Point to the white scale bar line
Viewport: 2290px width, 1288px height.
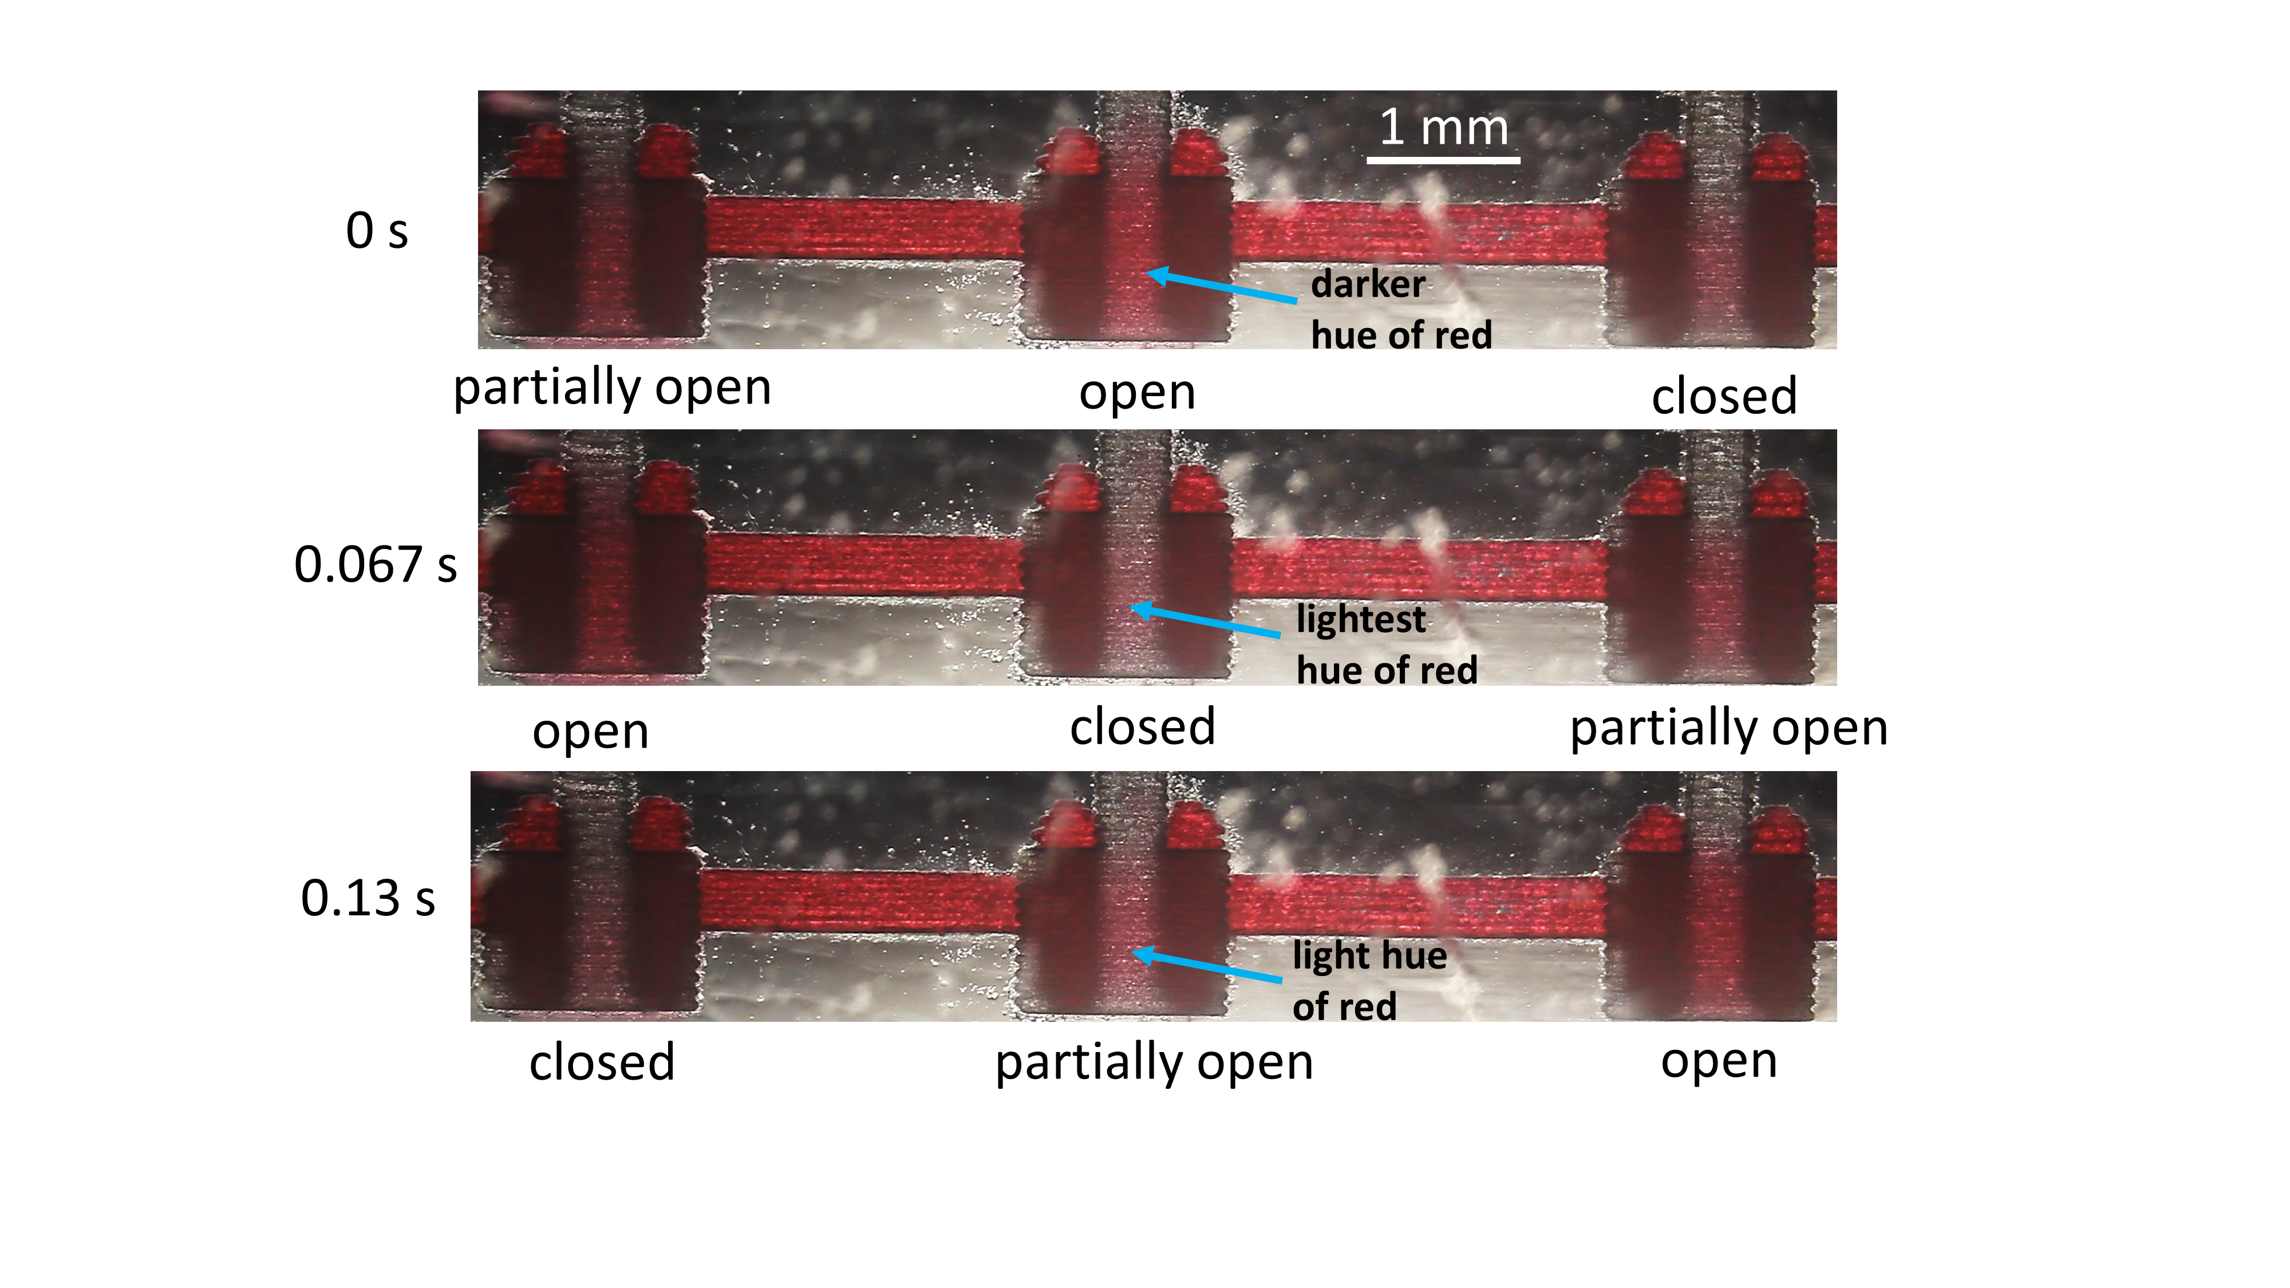(x=1443, y=160)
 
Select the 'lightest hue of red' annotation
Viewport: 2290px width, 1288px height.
(x=1387, y=645)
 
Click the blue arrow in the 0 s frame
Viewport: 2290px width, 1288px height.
(x=1222, y=287)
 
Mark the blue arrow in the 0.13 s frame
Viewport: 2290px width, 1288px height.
(x=1206, y=967)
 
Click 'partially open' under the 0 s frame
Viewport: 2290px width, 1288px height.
(x=613, y=389)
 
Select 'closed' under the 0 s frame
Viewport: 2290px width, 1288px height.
(x=1724, y=396)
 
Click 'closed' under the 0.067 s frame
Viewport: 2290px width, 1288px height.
(x=1142, y=727)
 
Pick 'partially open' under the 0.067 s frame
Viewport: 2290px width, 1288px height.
(x=1729, y=729)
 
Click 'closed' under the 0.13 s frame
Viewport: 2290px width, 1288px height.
(x=602, y=1062)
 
